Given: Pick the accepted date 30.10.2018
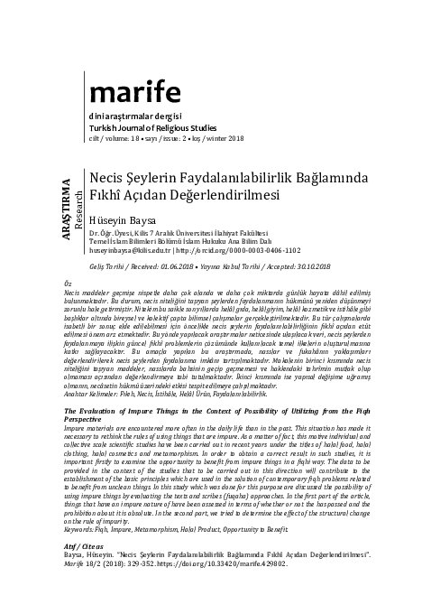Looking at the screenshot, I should (327, 268).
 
